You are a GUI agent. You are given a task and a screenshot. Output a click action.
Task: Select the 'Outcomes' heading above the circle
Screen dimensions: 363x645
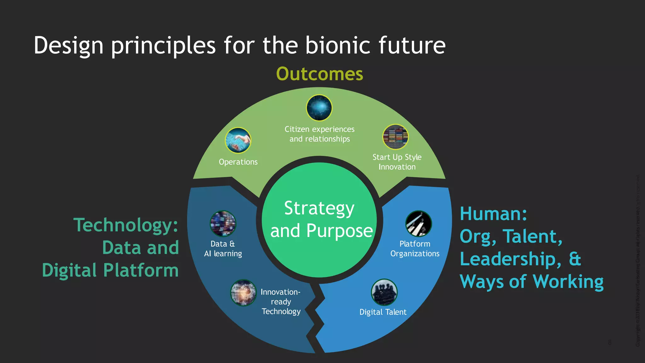click(x=319, y=74)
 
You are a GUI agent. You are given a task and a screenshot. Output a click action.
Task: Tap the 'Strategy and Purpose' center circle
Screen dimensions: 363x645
click(x=319, y=220)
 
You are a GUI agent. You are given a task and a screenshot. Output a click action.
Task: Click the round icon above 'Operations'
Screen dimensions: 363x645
click(x=238, y=140)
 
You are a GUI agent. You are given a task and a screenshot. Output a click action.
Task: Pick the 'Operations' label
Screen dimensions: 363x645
click(x=238, y=162)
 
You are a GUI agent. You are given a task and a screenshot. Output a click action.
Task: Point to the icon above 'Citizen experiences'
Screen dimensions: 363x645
click(x=319, y=108)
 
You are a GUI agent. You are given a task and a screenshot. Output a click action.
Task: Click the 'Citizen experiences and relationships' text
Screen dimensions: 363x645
click(x=319, y=134)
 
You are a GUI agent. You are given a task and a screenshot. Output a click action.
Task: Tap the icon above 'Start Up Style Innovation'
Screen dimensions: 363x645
click(x=395, y=137)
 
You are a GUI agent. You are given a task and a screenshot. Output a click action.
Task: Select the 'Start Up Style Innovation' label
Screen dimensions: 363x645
click(x=397, y=162)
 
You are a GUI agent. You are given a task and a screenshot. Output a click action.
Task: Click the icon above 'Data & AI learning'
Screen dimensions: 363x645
click(x=223, y=224)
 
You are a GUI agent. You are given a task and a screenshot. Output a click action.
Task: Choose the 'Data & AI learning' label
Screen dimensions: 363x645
click(x=223, y=249)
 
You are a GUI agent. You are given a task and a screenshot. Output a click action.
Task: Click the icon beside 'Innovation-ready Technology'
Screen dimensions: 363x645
click(x=243, y=293)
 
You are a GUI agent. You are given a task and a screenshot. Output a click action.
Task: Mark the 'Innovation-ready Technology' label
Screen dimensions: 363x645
click(x=281, y=302)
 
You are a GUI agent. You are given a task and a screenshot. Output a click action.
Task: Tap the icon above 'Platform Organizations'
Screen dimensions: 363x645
click(x=419, y=224)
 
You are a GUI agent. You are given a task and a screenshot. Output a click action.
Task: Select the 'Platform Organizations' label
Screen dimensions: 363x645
click(x=415, y=249)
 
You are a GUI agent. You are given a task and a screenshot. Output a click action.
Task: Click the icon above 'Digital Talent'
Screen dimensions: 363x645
click(x=384, y=292)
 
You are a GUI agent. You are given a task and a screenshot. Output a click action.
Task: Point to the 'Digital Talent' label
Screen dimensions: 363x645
click(x=383, y=312)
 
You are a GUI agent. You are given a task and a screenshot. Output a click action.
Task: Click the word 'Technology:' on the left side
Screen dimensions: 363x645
click(x=126, y=225)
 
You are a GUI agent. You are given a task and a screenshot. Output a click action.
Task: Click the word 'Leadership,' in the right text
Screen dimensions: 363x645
click(x=510, y=259)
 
